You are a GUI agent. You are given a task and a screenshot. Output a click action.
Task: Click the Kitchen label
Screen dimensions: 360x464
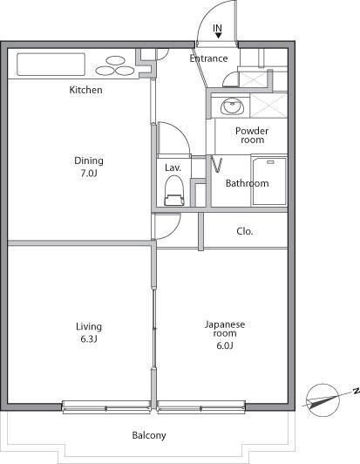(85, 90)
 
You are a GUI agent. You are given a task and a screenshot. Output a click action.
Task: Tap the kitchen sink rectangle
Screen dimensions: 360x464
(51, 65)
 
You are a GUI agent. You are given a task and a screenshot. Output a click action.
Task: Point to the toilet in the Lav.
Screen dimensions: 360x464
(174, 190)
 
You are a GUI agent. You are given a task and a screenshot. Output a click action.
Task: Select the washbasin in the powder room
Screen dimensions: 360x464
(232, 106)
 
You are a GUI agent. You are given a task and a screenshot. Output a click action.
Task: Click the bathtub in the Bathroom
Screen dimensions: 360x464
(269, 181)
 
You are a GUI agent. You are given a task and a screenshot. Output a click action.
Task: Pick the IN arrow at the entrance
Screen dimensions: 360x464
(218, 36)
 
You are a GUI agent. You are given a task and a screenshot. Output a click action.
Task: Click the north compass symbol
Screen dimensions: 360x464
(323, 400)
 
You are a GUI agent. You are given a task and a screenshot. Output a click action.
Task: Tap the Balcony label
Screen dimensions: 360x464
(149, 435)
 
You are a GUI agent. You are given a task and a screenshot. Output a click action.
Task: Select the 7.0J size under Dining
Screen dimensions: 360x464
(89, 173)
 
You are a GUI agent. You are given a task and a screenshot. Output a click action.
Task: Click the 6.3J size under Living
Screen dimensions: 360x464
(89, 338)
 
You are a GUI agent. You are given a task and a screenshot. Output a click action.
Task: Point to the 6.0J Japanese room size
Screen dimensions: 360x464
(225, 345)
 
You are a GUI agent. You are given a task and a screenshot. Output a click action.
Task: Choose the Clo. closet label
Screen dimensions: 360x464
(245, 231)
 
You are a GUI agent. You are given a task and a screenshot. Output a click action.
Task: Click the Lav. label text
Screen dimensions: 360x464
(173, 167)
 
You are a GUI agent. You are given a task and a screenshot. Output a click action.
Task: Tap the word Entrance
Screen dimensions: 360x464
(208, 58)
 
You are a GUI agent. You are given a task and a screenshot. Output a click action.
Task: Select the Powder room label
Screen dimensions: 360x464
(252, 135)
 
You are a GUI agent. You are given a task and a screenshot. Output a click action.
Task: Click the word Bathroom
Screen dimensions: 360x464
(247, 183)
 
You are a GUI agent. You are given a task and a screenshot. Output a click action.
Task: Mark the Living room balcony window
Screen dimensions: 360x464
(106, 407)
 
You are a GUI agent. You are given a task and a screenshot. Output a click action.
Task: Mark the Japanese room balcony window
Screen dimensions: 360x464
(201, 407)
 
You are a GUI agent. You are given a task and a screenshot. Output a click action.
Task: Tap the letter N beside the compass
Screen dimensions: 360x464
(357, 392)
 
